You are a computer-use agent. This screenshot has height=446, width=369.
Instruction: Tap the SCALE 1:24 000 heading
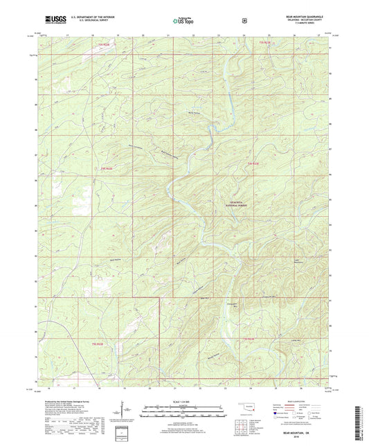point(183,401)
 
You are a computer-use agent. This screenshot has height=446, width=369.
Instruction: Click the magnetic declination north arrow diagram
point(127,409)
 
